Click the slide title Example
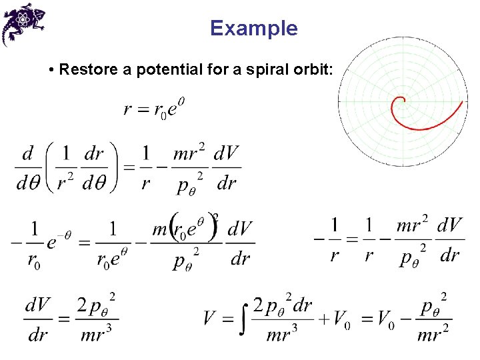[253, 28]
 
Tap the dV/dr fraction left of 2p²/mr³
[39, 319]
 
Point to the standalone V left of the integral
[210, 317]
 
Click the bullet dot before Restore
[51, 70]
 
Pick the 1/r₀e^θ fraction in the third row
[112, 241]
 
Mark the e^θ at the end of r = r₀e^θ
[175, 107]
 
